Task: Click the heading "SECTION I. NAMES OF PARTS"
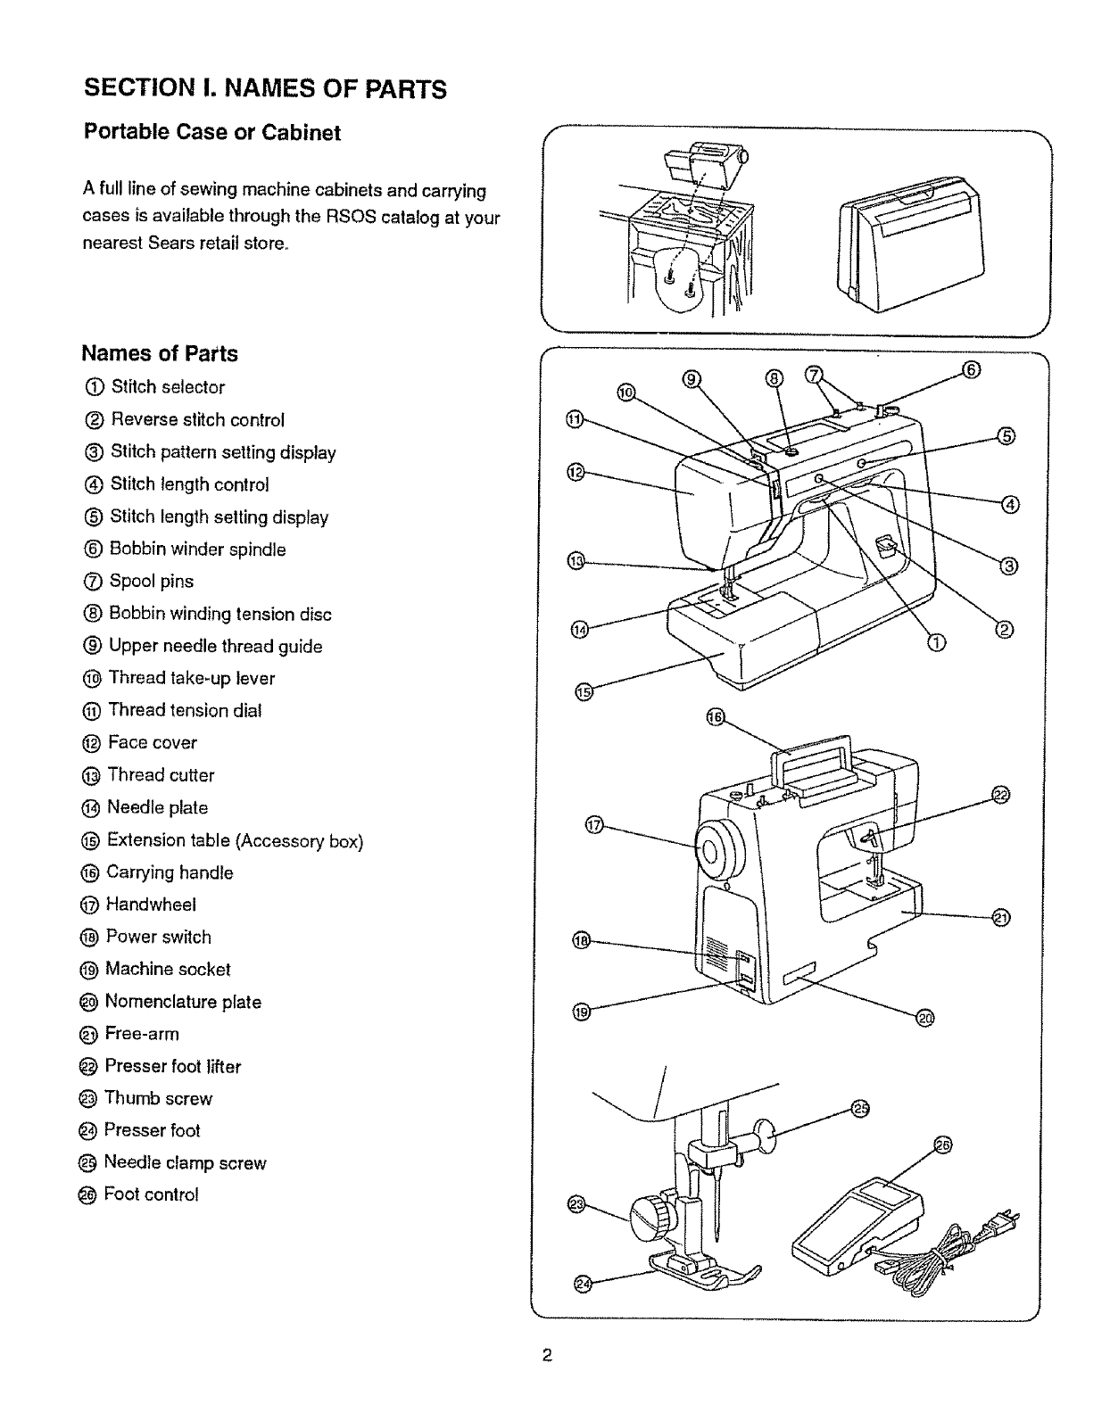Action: click(x=265, y=89)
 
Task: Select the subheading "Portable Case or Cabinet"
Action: click(x=211, y=133)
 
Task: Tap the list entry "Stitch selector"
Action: click(x=167, y=387)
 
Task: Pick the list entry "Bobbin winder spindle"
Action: click(x=197, y=549)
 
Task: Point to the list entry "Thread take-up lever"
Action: click(x=191, y=678)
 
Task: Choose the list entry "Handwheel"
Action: click(x=150, y=905)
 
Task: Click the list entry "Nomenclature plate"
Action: click(x=182, y=1002)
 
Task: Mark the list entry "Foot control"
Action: click(x=151, y=1194)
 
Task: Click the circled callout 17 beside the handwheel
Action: click(x=593, y=826)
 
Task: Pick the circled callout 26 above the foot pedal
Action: click(x=942, y=1145)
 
